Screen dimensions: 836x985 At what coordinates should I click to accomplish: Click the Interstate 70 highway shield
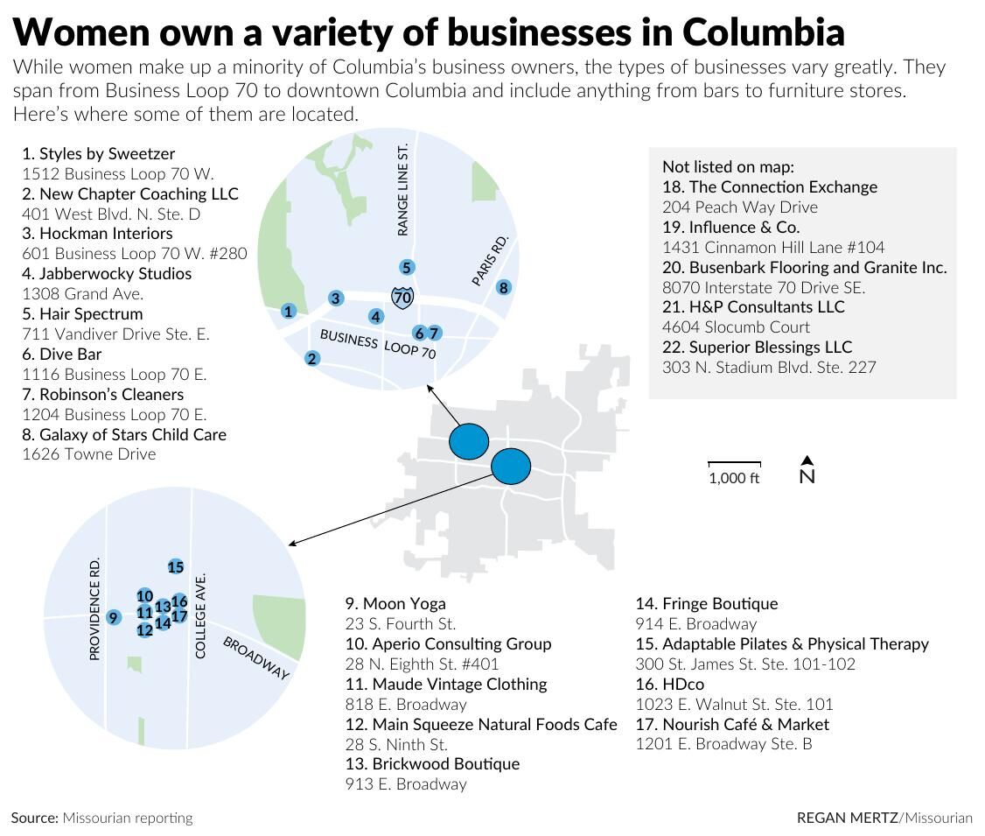(402, 298)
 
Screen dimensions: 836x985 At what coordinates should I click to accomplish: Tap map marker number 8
(503, 287)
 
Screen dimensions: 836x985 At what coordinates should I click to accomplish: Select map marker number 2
(312, 358)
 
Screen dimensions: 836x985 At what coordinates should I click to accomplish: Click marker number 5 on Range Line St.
(406, 268)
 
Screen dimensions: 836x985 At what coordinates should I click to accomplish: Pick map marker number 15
(175, 567)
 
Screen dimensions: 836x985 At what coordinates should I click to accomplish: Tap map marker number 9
(113, 618)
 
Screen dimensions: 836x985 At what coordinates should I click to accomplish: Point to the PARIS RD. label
(490, 260)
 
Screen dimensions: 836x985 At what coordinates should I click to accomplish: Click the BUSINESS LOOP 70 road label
(377, 344)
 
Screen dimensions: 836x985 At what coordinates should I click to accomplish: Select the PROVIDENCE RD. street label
(95, 608)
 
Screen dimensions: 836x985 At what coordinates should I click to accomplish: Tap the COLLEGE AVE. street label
(200, 616)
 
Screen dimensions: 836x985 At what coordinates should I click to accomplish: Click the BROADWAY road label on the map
(255, 658)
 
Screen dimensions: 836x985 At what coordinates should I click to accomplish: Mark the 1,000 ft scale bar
(734, 464)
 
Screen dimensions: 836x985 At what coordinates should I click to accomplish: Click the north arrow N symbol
(807, 471)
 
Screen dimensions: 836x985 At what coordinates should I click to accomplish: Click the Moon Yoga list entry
(395, 604)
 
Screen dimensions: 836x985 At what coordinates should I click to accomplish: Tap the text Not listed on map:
(728, 166)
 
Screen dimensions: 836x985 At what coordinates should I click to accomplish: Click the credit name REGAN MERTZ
(847, 818)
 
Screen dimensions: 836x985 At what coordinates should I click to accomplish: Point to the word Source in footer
(33, 818)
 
